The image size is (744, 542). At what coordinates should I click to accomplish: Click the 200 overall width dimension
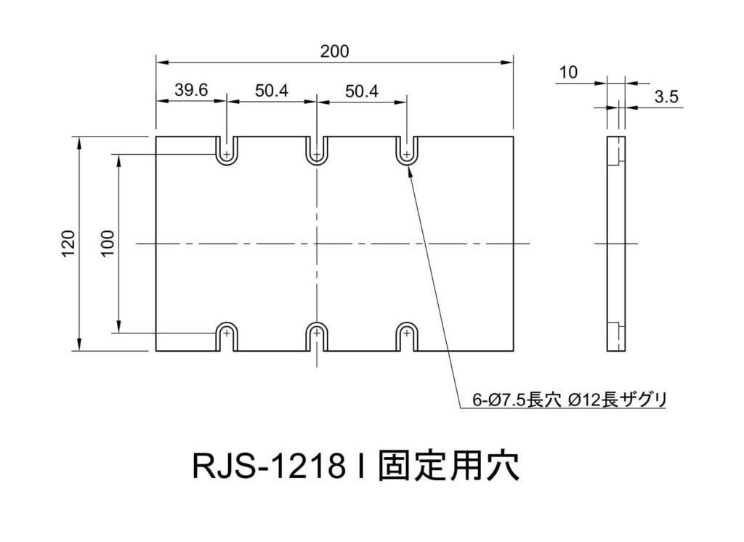click(x=334, y=51)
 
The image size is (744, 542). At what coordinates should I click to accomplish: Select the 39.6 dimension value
click(x=191, y=91)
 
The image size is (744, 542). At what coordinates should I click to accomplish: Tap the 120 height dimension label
click(x=68, y=243)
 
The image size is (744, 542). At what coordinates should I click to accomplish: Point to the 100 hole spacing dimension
click(x=108, y=243)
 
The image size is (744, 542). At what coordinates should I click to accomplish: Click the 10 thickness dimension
click(x=569, y=72)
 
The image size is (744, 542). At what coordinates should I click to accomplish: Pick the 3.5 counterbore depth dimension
click(x=666, y=97)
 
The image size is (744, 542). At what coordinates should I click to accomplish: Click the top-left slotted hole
click(x=227, y=151)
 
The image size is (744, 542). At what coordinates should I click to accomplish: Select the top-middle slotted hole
click(x=317, y=151)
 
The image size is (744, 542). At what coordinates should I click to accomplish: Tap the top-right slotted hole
click(x=407, y=151)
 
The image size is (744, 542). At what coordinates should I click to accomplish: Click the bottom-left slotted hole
click(x=227, y=336)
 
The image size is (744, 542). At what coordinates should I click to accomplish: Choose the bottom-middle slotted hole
click(x=317, y=336)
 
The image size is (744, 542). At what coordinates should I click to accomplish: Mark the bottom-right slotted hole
click(x=407, y=336)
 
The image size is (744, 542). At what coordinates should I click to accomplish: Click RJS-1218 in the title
click(x=269, y=466)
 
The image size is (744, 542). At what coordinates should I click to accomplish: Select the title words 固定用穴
click(x=448, y=466)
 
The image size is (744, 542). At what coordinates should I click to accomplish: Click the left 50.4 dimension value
click(x=272, y=91)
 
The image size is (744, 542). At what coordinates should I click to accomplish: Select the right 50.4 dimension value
click(x=362, y=91)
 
